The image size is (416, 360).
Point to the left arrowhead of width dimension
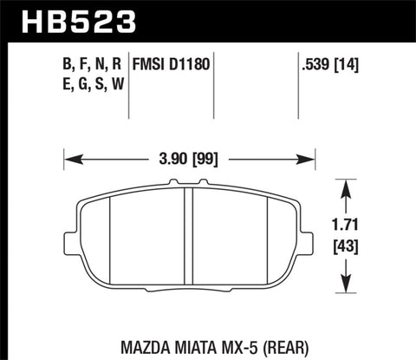pyautogui.click(x=70, y=160)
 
